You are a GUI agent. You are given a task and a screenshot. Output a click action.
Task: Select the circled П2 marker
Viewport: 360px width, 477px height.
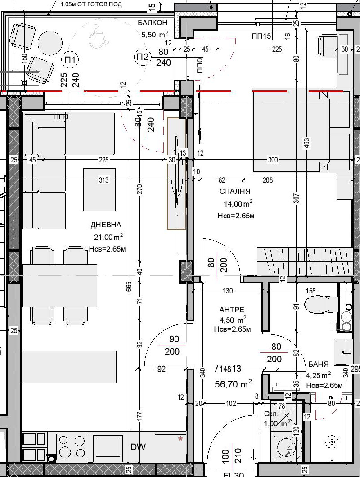coord(143,57)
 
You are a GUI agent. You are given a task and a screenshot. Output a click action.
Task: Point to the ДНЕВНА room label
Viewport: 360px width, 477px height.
coord(106,225)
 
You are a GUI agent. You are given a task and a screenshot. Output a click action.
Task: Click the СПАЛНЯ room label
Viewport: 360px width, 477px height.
coord(235,192)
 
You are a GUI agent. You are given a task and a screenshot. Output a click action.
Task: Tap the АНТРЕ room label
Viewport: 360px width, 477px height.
coord(232,310)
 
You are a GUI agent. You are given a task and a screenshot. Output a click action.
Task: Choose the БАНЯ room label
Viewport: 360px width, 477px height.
coord(318,364)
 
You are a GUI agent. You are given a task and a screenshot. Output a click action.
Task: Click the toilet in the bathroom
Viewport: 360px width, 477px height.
coord(320,305)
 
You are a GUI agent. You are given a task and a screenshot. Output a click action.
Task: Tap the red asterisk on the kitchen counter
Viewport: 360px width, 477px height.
coord(180,438)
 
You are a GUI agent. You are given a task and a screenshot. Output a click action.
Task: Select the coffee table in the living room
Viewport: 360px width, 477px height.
coord(99,189)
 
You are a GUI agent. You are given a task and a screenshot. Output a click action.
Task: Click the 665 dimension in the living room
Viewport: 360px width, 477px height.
coord(129,286)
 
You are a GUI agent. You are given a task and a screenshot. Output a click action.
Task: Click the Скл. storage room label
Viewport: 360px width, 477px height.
coord(271,414)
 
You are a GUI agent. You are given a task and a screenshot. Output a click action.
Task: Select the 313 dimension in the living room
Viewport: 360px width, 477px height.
coord(104,180)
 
